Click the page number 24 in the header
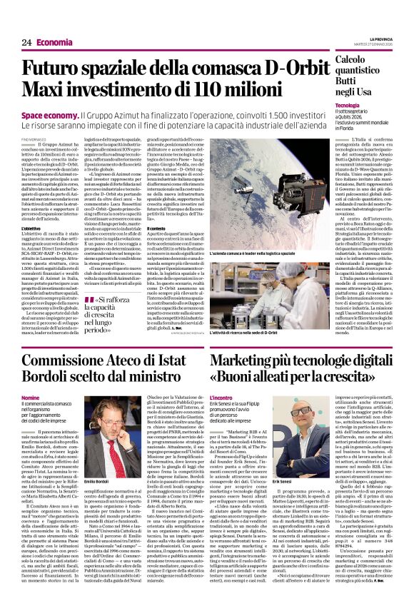pyautogui.click(x=26, y=42)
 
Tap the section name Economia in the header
pyautogui.click(x=54, y=42)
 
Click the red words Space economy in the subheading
pyautogui.click(x=49, y=114)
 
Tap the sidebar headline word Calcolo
pyautogui.click(x=356, y=60)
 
